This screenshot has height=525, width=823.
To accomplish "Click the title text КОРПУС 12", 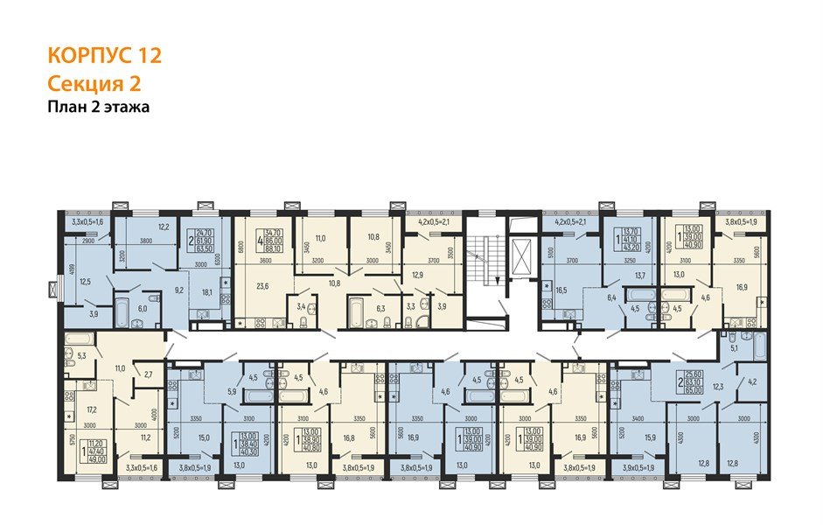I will (104, 57).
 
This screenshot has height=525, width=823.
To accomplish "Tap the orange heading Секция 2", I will (93, 84).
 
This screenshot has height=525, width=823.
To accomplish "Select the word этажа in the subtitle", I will (128, 108).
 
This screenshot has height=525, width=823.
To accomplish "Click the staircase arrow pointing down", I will (499, 277).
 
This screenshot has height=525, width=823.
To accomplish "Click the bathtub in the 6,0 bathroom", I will (122, 309).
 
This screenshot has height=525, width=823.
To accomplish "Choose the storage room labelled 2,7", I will (149, 374).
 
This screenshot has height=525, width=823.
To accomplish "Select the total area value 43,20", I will (629, 248).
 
